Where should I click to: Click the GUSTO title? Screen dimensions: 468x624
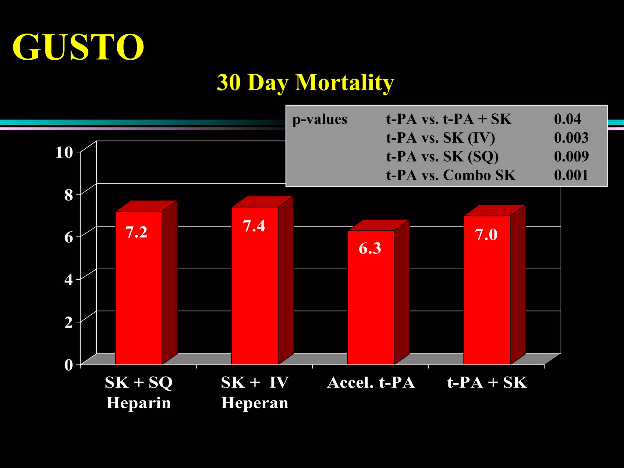coord(78,47)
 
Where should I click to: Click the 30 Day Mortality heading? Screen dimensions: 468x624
coord(305,83)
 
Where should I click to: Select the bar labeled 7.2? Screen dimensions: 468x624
coord(139,288)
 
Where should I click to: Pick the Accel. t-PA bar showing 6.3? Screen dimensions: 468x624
coord(371,297)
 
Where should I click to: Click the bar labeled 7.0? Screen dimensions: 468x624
coord(487,290)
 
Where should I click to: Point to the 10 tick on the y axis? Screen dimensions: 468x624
coord(64,152)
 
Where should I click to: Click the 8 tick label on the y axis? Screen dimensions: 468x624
coord(69,195)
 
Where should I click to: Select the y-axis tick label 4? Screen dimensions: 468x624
coord(69,280)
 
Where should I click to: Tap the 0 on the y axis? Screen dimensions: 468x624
coord(69,365)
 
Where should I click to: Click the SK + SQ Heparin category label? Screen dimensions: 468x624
coord(139,392)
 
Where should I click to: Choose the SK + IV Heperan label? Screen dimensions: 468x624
coord(255,392)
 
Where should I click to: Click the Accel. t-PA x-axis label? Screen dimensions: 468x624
coord(371,383)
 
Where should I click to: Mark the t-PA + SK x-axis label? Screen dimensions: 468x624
coord(487,383)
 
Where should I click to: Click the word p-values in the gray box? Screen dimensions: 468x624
coord(320,119)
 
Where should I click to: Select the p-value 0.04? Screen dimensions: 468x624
coord(567,119)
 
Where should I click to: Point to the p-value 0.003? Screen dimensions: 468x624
coord(571,138)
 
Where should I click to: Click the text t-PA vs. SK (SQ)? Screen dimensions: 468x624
coord(442,157)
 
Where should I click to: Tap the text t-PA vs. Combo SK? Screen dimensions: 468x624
coord(451,175)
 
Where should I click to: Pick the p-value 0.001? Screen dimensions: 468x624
coord(571,175)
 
